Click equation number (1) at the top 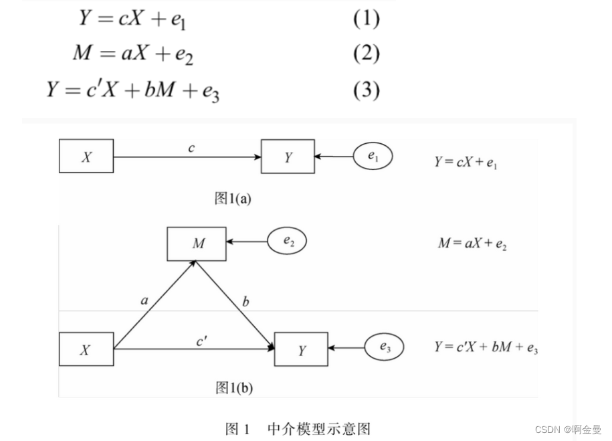click(x=367, y=19)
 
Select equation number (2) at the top click(x=367, y=54)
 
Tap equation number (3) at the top click(x=367, y=89)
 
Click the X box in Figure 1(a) click(x=86, y=157)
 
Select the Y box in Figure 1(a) click(x=288, y=157)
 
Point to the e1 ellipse click(x=373, y=157)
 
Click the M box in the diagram click(x=198, y=243)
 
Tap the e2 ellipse click(x=288, y=242)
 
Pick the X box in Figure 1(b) click(x=86, y=349)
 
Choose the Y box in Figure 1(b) click(x=301, y=349)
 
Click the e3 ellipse click(x=385, y=347)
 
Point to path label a click(x=144, y=301)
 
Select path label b click(x=245, y=302)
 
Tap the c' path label click(x=201, y=341)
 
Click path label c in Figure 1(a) click(x=191, y=148)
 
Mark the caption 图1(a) click(x=232, y=198)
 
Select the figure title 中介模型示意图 click(x=318, y=428)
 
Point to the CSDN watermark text click(x=568, y=429)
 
